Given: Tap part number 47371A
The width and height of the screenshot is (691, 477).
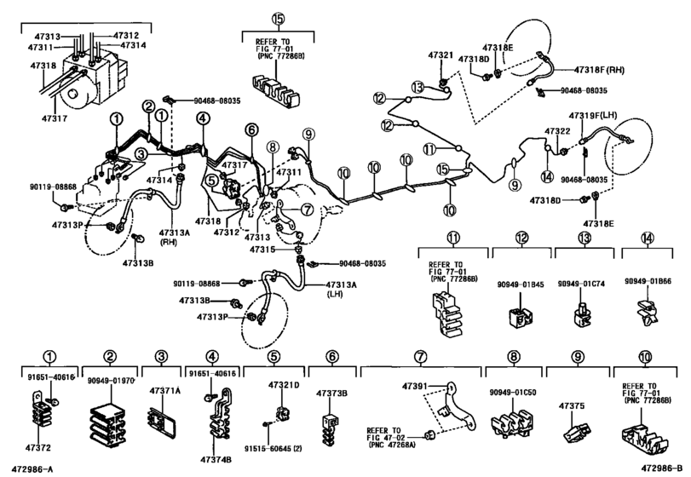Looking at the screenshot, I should [165, 391].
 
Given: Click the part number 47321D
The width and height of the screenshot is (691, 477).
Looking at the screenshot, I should [284, 387].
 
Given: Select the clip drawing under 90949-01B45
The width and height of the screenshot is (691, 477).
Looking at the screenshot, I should [514, 317].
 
